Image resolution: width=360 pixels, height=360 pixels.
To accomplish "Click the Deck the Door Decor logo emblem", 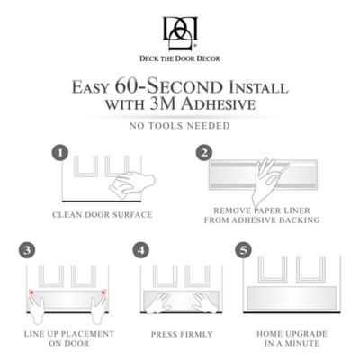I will click(179, 33).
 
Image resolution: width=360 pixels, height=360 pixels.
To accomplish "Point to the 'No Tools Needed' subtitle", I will click(180, 125).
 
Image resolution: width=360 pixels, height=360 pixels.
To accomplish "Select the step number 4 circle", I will click(139, 248).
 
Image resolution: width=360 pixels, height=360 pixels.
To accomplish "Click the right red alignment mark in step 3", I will click(106, 292).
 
